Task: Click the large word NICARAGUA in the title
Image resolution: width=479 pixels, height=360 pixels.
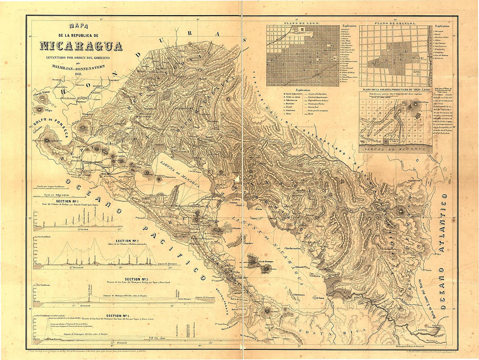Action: [x=81, y=46]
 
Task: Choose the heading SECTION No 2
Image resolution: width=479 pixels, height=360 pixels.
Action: [x=127, y=241]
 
